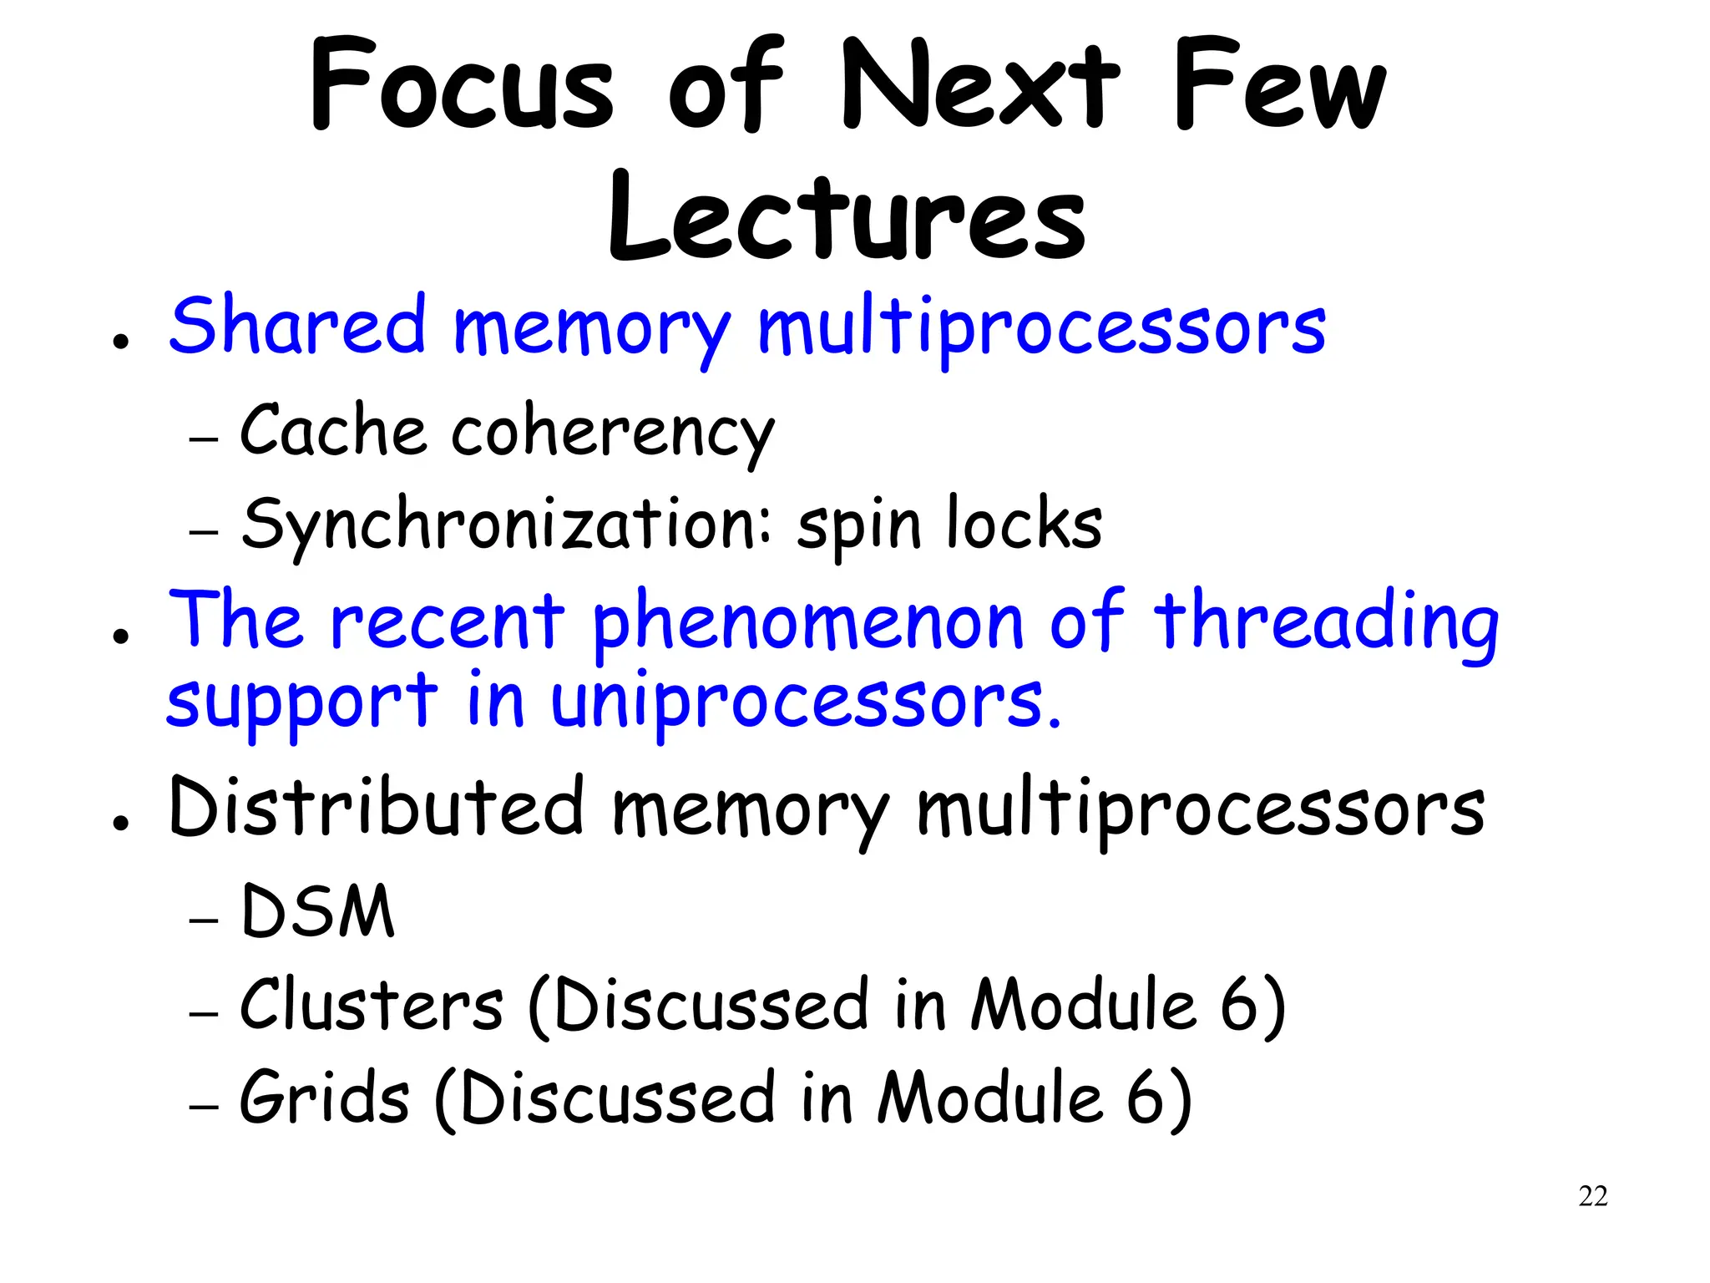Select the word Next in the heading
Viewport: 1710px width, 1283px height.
click(980, 86)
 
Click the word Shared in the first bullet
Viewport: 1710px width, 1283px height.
click(297, 326)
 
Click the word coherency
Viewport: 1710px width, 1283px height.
click(613, 434)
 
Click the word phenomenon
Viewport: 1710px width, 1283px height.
click(807, 623)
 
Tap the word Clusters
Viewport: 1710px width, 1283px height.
click(372, 1004)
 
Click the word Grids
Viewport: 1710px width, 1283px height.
click(325, 1098)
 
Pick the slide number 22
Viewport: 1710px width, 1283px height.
click(1592, 1196)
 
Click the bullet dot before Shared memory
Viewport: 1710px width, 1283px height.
click(122, 342)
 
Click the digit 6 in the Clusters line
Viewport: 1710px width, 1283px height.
click(1241, 1006)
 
